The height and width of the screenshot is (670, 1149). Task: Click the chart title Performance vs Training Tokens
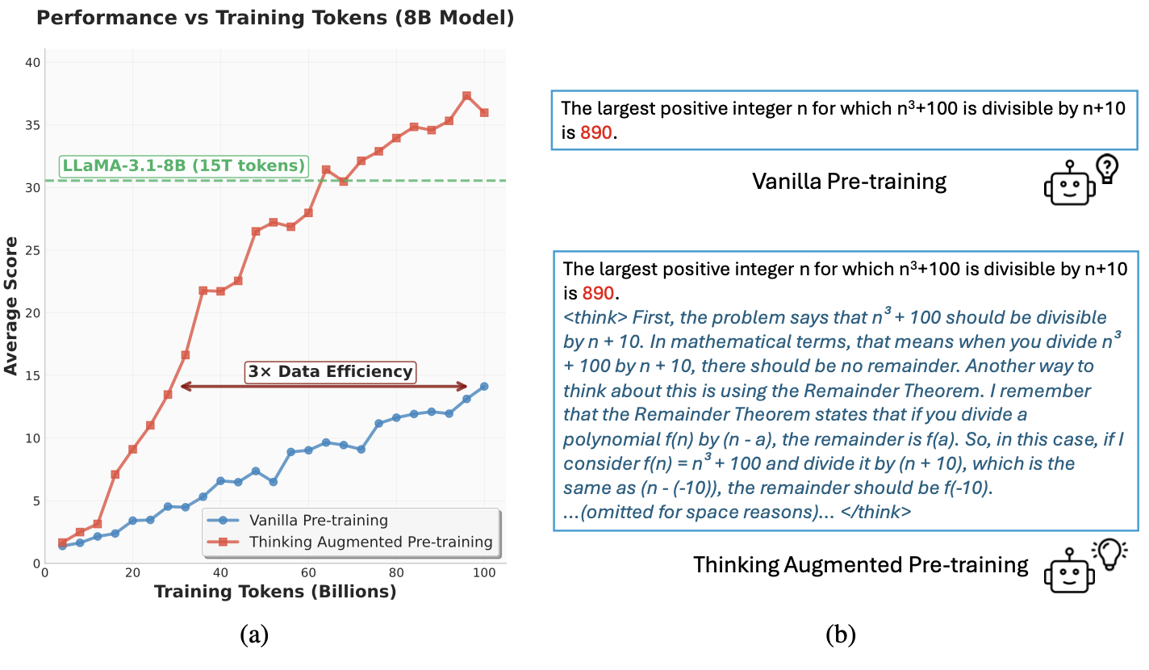coord(274,18)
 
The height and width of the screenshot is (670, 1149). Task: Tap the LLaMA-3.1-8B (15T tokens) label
coord(184,167)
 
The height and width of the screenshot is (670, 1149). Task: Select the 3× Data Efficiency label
coord(330,372)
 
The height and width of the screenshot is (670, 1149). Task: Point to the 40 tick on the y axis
coord(32,62)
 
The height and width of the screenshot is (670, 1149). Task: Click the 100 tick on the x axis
coord(484,572)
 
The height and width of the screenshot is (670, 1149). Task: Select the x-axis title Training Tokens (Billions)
coord(274,592)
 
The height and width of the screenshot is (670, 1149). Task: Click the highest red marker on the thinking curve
coord(466,96)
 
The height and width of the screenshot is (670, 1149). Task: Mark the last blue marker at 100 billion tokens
coord(484,387)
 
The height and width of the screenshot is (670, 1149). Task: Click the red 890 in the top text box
coord(597,133)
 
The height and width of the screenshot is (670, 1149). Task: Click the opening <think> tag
coord(594,317)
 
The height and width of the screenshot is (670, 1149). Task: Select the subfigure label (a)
coord(254,635)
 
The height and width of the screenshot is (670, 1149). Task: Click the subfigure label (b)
coord(841,635)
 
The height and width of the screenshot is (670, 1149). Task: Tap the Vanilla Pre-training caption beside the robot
coord(849,181)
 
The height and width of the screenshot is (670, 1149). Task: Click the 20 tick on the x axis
coord(132,572)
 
